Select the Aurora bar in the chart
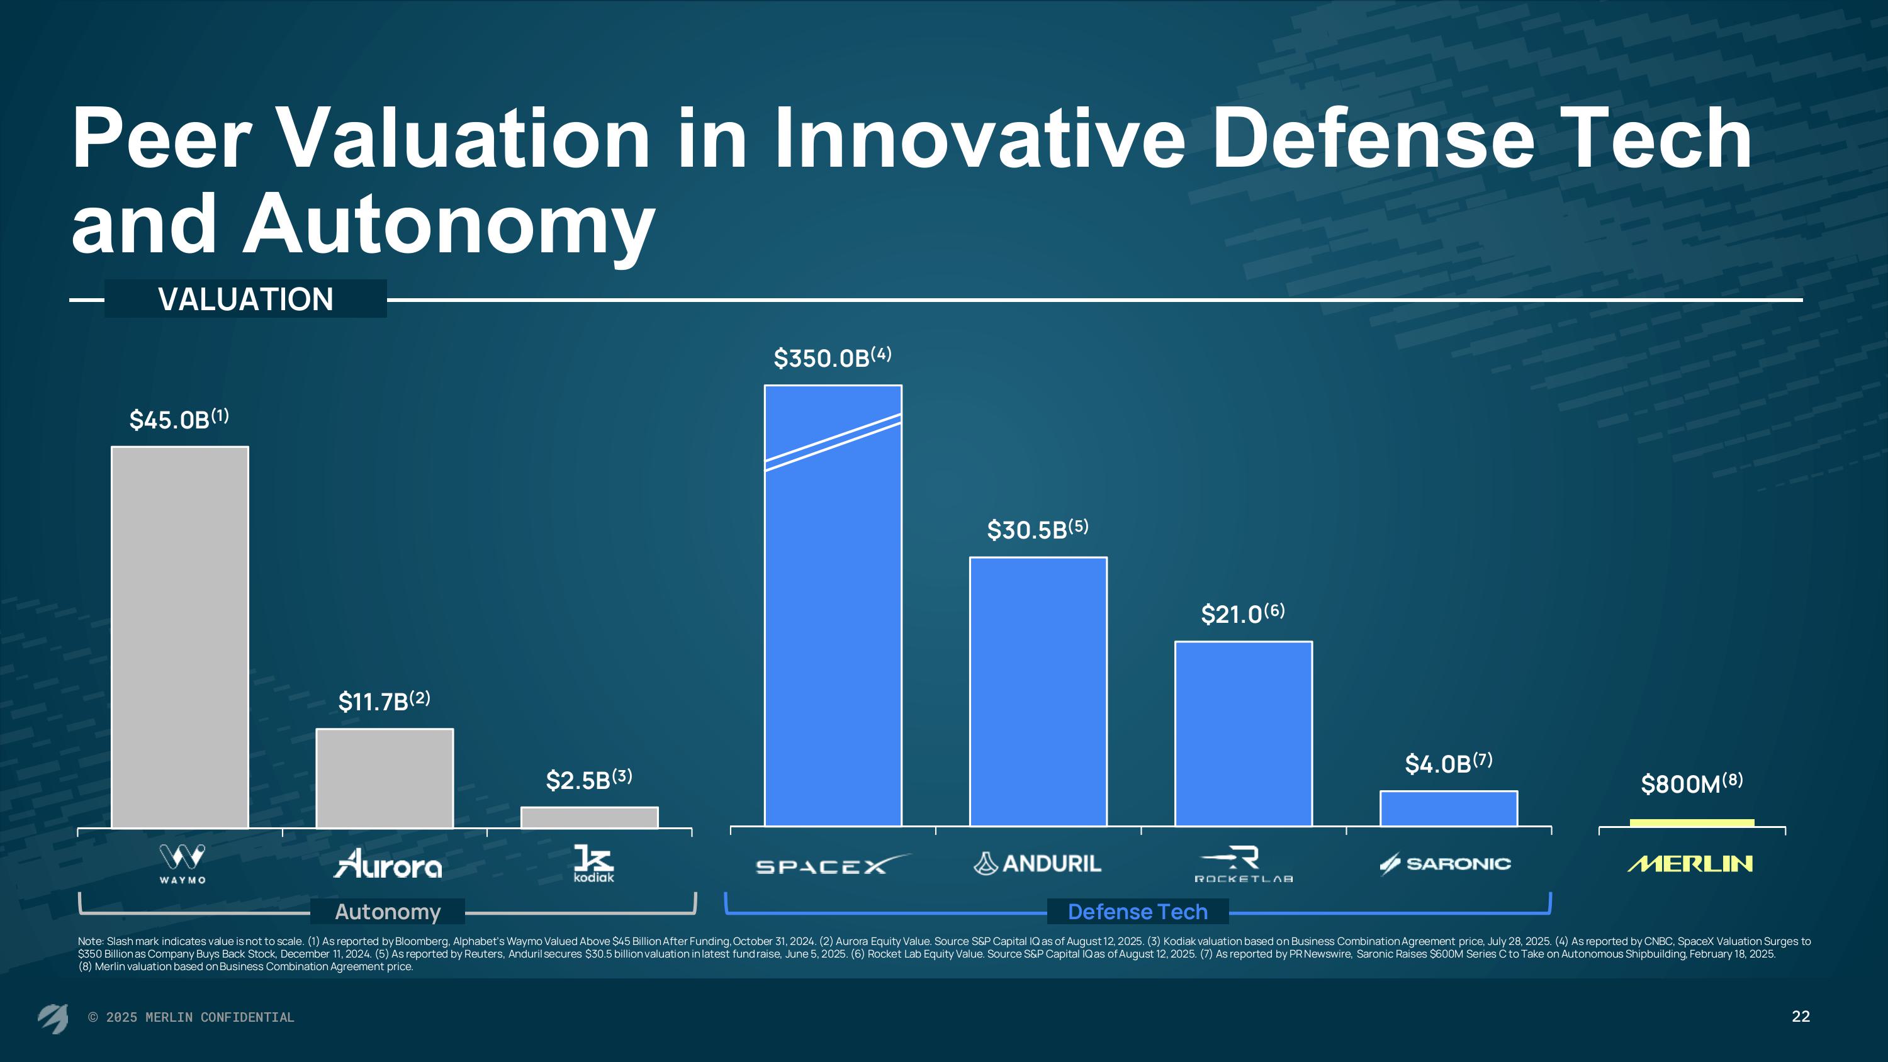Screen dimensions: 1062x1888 pos(385,778)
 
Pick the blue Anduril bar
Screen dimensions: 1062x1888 pos(1038,691)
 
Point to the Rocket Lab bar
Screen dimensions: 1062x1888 pos(1243,733)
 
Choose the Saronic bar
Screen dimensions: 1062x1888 pos(1448,808)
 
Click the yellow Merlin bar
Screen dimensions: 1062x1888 pos(1692,823)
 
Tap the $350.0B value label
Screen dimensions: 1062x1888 pos(832,357)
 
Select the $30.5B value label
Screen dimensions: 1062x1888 pos(1037,529)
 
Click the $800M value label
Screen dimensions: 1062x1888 pos(1691,783)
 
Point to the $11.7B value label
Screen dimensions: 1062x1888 pos(383,701)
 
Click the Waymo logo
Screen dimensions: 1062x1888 pos(183,863)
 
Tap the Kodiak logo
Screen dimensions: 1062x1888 pos(593,863)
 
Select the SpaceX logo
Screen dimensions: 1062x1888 pos(832,865)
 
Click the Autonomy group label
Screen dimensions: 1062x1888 pos(388,912)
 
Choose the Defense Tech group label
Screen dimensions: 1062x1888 pos(1137,912)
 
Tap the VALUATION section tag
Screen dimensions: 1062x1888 pos(245,299)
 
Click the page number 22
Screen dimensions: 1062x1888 pos(1800,1016)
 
